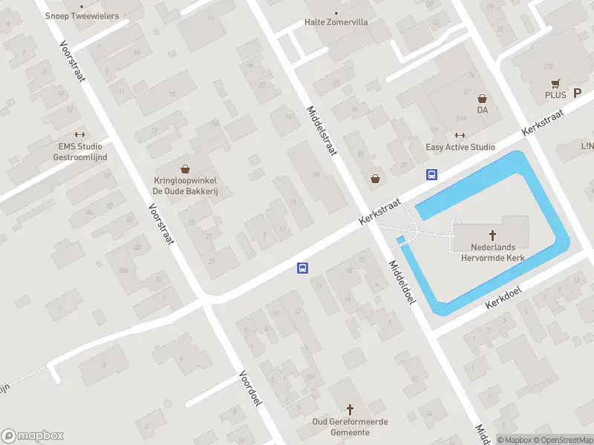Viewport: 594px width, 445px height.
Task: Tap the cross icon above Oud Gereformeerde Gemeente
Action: click(351, 409)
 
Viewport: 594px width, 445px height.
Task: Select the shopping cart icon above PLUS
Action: click(555, 83)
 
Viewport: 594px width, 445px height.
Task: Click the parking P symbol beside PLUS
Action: click(577, 94)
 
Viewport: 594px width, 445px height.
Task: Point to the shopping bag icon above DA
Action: click(483, 98)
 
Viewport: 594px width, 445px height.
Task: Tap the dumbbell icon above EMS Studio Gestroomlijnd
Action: click(80, 135)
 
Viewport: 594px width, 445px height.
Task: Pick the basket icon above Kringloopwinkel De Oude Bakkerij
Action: click(185, 169)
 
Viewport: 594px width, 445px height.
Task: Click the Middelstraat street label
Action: click(322, 130)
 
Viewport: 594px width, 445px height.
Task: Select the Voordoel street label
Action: click(251, 388)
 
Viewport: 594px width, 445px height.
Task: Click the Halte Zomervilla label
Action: click(336, 22)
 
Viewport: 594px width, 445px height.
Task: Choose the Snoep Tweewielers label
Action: click(82, 16)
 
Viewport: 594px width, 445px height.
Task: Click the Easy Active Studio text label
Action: click(460, 147)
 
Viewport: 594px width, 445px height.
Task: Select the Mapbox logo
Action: click(33, 436)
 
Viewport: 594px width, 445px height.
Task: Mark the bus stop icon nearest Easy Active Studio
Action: click(431, 175)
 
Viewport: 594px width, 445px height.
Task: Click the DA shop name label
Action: click(483, 110)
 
